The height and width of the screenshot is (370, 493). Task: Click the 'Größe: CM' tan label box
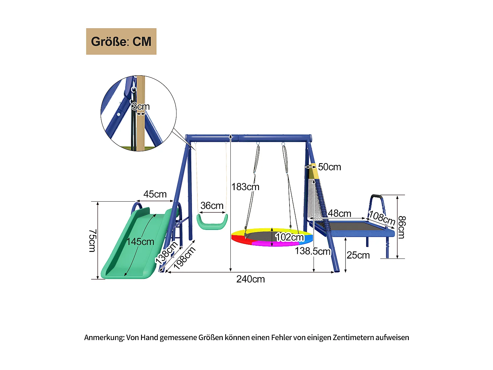pyautogui.click(x=121, y=41)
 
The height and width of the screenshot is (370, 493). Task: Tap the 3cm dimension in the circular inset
pyautogui.click(x=141, y=107)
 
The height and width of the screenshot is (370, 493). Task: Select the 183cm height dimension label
pyautogui.click(x=245, y=187)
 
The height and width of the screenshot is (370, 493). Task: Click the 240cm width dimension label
pyautogui.click(x=250, y=279)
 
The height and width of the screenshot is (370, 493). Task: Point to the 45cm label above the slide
pyautogui.click(x=155, y=194)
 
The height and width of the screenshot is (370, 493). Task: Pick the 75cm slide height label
pyautogui.click(x=92, y=241)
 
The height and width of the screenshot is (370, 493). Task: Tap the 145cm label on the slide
pyautogui.click(x=140, y=242)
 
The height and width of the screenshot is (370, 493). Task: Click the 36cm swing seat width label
pyautogui.click(x=212, y=206)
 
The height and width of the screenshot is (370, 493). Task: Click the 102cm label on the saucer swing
pyautogui.click(x=290, y=237)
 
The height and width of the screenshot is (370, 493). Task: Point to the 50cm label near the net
pyautogui.click(x=329, y=167)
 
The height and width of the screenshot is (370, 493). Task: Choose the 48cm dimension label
pyautogui.click(x=340, y=213)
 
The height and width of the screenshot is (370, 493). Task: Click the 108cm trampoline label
pyautogui.click(x=382, y=217)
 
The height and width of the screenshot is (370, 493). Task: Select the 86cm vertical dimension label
pyautogui.click(x=402, y=227)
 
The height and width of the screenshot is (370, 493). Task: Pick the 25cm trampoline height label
pyautogui.click(x=358, y=255)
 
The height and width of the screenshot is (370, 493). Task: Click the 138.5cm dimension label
pyautogui.click(x=313, y=251)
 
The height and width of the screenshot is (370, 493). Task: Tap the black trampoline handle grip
pyautogui.click(x=377, y=198)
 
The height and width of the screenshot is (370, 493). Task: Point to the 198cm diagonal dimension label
pyautogui.click(x=185, y=258)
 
